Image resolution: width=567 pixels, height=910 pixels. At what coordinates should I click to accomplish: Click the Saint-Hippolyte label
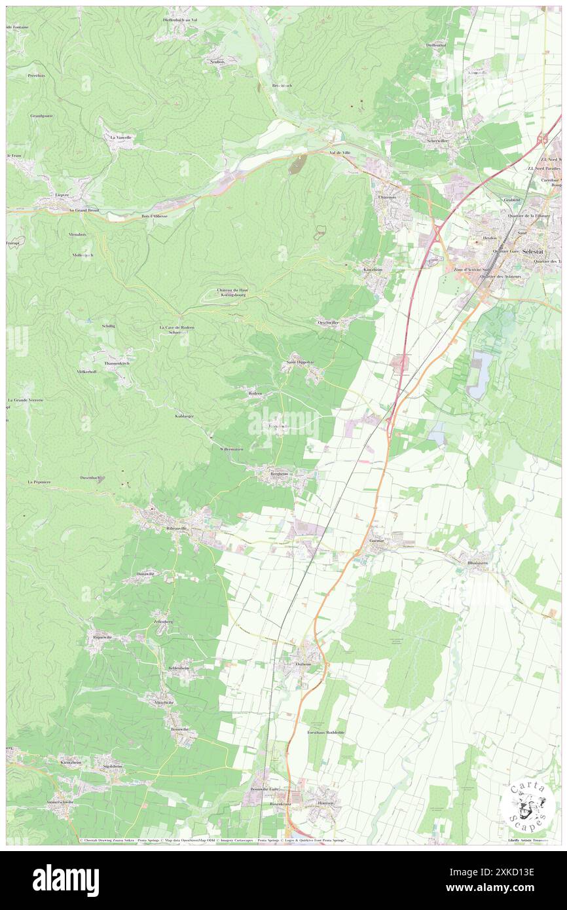[x=299, y=362]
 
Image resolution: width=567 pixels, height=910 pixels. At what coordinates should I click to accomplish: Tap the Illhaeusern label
[x=477, y=562]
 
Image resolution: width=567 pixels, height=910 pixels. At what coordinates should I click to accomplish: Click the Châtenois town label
[x=388, y=197]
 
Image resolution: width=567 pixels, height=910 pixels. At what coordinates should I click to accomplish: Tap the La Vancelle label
[x=121, y=137]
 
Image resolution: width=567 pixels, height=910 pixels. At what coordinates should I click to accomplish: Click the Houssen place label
[x=326, y=803]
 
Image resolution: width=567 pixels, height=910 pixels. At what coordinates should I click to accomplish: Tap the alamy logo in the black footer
[x=65, y=881]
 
